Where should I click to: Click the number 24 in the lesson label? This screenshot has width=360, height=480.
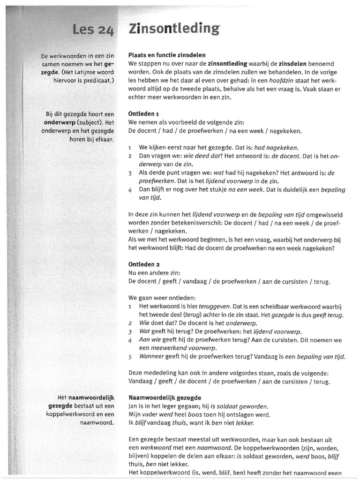point(106,31)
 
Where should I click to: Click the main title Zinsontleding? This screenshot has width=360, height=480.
point(173,29)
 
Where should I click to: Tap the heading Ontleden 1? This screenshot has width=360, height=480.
point(144,113)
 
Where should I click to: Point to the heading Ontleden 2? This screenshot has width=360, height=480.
point(144,264)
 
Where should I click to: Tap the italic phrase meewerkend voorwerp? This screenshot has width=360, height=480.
point(178,348)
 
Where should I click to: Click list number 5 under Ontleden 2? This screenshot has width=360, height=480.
point(130,357)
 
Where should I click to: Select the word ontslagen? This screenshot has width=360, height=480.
point(224,415)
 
